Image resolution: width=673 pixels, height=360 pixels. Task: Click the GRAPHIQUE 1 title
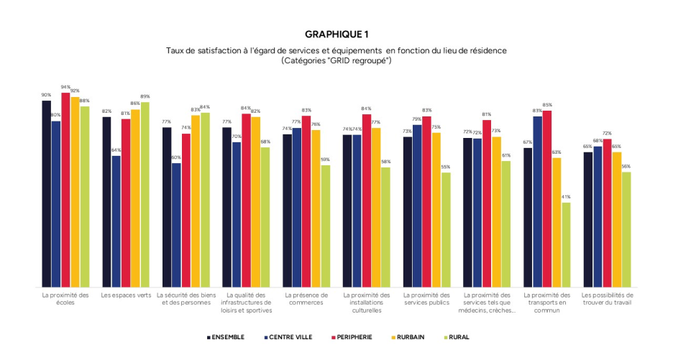click(x=336, y=34)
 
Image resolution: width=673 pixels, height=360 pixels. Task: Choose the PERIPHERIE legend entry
click(x=352, y=336)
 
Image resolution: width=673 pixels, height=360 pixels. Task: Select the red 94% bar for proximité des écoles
click(x=65, y=190)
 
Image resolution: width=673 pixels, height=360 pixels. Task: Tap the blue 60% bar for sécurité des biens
click(x=176, y=225)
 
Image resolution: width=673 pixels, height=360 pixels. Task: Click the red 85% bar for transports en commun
click(x=547, y=198)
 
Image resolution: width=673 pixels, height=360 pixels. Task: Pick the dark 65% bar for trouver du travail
click(x=588, y=219)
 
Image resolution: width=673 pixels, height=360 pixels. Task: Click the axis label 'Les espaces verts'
click(x=126, y=295)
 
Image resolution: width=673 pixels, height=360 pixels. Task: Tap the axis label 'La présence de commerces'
click(x=306, y=298)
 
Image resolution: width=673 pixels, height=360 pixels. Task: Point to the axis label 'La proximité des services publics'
click(x=426, y=298)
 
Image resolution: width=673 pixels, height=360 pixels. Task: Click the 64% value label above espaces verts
click(x=116, y=150)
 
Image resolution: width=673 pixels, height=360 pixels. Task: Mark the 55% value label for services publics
click(x=446, y=167)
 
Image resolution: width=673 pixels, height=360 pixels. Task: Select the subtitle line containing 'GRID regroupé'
click(x=336, y=61)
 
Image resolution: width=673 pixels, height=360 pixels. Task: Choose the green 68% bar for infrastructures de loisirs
click(x=265, y=217)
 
